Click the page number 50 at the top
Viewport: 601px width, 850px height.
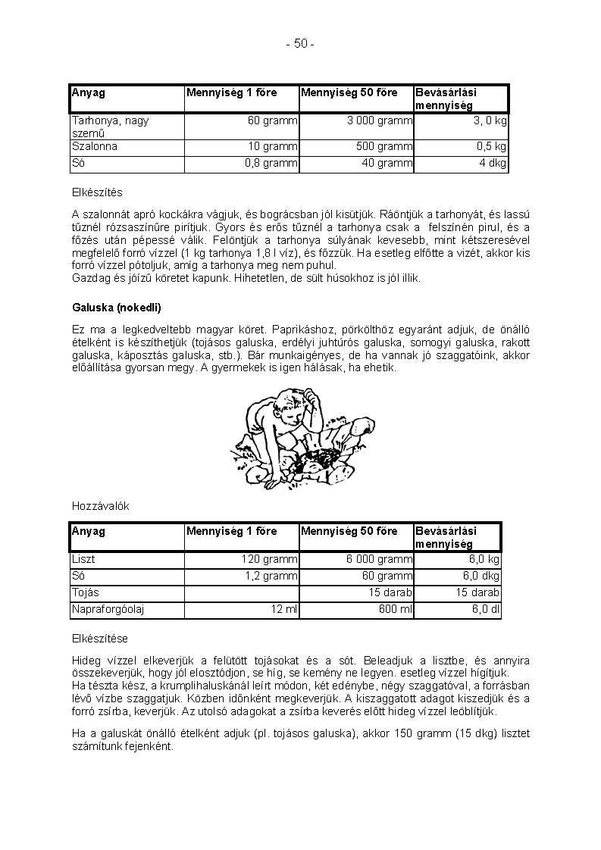(x=300, y=44)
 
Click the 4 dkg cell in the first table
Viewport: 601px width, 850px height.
(x=493, y=163)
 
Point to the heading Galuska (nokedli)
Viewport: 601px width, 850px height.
(x=117, y=308)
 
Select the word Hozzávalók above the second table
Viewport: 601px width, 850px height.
(x=101, y=506)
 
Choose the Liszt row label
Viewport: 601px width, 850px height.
(x=83, y=560)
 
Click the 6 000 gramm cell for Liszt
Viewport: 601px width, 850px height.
(x=379, y=560)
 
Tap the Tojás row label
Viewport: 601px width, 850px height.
(x=86, y=592)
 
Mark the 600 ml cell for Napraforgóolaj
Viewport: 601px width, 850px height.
(x=395, y=609)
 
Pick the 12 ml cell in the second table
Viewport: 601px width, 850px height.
(x=283, y=609)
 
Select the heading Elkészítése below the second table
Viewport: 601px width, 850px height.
(x=105, y=639)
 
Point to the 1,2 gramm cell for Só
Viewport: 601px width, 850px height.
(x=271, y=577)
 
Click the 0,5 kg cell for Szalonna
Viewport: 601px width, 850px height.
(x=491, y=147)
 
